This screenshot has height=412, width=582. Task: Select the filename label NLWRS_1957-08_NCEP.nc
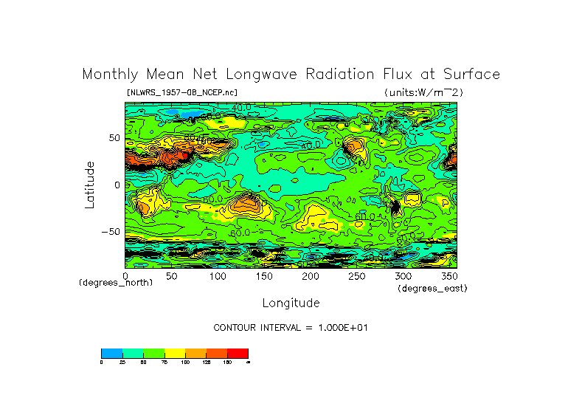tap(181, 92)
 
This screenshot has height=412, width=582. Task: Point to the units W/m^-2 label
tap(423, 92)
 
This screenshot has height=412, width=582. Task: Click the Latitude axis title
tap(89, 185)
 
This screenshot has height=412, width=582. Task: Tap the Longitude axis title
tap(291, 303)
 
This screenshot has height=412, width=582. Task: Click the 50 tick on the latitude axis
tap(114, 138)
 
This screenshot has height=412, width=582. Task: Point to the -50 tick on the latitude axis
tap(111, 231)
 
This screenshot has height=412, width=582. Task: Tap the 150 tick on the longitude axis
tap(263, 275)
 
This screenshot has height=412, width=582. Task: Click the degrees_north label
tap(116, 283)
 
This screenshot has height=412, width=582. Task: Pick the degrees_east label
tap(432, 288)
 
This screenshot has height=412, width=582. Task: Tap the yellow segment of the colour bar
tap(173, 353)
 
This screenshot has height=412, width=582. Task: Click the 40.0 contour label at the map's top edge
tap(240, 108)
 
